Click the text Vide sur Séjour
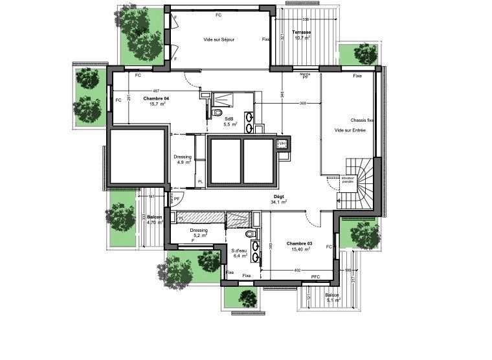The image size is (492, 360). pyautogui.click(x=219, y=39)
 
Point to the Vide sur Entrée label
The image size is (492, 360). pyautogui.click(x=350, y=130)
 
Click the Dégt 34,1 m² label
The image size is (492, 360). pyautogui.click(x=278, y=199)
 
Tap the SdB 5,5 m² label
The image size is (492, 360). pyautogui.click(x=230, y=122)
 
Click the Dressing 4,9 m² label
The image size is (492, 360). pyautogui.click(x=183, y=159)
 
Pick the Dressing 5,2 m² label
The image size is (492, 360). pyautogui.click(x=199, y=232)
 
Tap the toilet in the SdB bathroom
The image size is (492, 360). pyautogui.click(x=216, y=113)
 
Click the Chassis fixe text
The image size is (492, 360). pyautogui.click(x=363, y=120)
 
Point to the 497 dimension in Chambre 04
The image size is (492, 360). pyautogui.click(x=155, y=91)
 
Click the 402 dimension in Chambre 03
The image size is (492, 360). pyautogui.click(x=298, y=270)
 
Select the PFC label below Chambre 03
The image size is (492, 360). pyautogui.click(x=315, y=277)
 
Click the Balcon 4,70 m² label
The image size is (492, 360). pyautogui.click(x=155, y=220)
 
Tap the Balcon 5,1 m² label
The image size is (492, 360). pyautogui.click(x=333, y=297)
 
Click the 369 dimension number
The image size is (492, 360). pyautogui.click(x=302, y=104)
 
